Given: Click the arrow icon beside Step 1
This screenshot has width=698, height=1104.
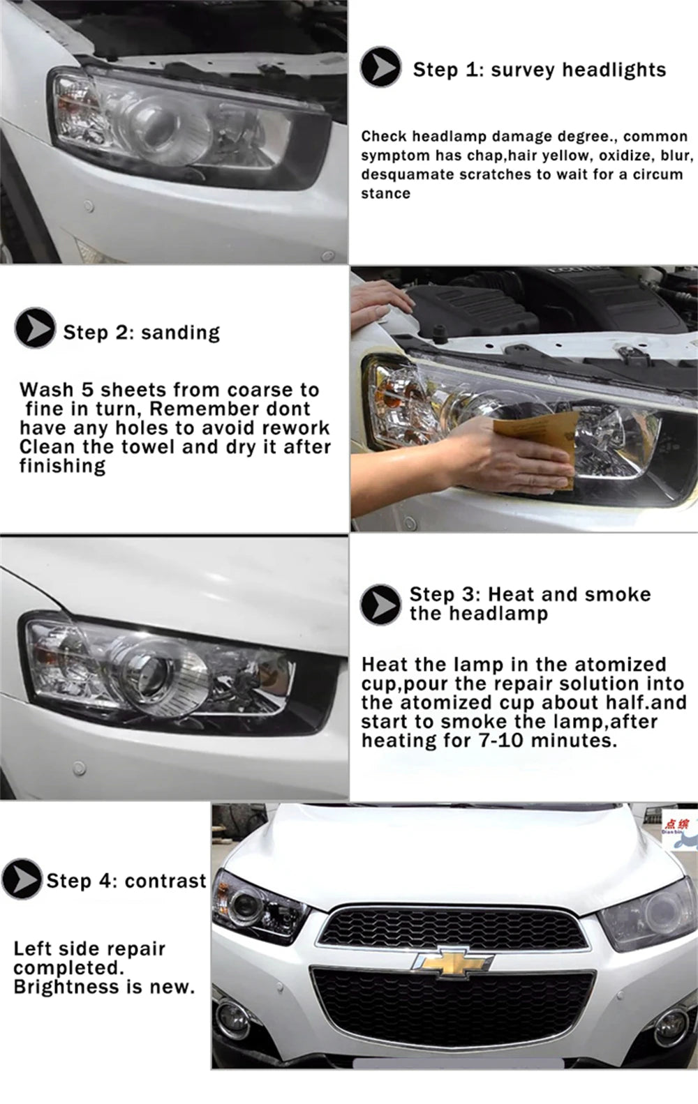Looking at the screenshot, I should coord(380,68).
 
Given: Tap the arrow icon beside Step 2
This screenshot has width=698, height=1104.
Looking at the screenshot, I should coord(35,328).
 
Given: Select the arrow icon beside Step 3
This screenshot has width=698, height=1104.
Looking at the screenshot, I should coord(380,604).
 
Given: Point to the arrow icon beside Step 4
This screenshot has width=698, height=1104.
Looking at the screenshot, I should coord(21,879).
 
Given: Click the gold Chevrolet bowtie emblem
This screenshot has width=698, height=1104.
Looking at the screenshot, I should coord(452,963).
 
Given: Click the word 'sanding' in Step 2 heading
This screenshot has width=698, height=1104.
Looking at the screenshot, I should coord(180,333).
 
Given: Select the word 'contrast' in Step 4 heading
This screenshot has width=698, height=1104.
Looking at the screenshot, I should coord(165,881).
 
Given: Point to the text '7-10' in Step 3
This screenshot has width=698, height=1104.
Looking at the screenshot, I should coord(501,740).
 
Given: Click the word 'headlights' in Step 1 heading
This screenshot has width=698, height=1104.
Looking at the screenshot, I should coord(614,70).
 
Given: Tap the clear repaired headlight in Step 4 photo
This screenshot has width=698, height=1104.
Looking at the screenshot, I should coord(255,907).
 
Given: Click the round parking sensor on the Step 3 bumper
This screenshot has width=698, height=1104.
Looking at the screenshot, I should coord(80,769).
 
